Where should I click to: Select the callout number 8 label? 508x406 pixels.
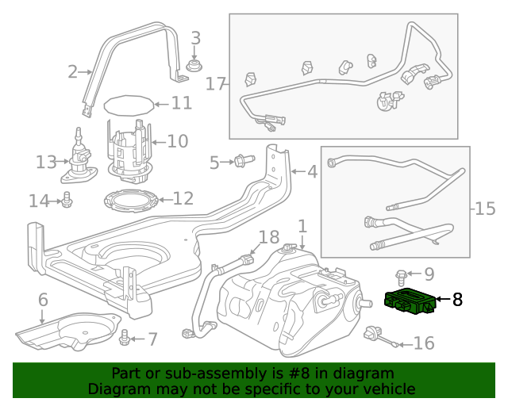[x=457, y=300]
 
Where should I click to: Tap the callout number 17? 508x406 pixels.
[x=216, y=83]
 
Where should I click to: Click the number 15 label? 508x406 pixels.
[x=485, y=209]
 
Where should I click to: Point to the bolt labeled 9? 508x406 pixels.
[x=402, y=275]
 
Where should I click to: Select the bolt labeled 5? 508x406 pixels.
[x=241, y=162]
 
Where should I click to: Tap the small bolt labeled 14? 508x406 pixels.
[x=67, y=201]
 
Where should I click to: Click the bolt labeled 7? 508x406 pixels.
[x=124, y=339]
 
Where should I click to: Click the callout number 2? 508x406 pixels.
[x=73, y=72]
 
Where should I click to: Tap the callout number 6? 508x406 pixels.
[x=43, y=299]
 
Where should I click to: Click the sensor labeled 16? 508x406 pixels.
[x=374, y=335]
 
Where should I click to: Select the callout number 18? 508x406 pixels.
[x=270, y=236]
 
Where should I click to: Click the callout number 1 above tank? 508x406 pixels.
[x=302, y=226]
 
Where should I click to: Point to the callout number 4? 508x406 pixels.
[x=311, y=170]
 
